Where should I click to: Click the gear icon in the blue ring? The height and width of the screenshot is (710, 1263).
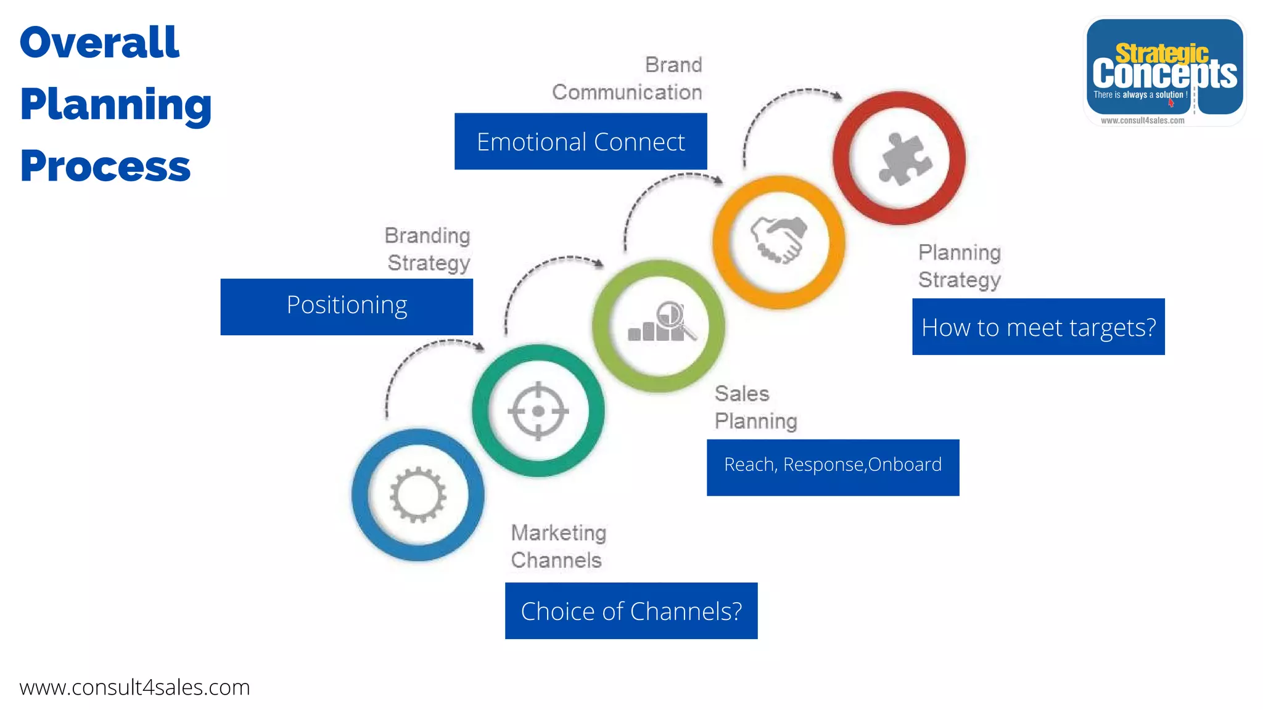418,495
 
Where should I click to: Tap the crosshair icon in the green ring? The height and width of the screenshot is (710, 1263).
538,411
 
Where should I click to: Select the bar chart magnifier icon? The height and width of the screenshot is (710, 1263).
661,322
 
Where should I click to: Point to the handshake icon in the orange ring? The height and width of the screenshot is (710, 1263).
778,240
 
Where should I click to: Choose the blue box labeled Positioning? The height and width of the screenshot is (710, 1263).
347,306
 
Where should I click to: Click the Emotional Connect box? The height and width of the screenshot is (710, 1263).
580,141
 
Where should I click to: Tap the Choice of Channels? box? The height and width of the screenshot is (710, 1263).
631,611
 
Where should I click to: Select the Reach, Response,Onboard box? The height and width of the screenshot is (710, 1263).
833,467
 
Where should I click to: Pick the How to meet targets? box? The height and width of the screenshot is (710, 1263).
1038,327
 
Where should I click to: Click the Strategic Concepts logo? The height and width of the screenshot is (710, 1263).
1164,71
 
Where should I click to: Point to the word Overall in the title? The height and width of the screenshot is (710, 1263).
99,43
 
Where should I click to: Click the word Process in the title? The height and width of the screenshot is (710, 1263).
105,166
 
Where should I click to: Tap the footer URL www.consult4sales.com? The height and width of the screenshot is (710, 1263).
134,687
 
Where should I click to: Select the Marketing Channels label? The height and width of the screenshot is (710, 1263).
558,546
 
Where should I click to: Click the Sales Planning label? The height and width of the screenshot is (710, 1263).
755,407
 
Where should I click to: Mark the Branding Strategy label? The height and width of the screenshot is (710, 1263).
427,249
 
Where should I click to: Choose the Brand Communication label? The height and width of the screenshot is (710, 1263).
627,78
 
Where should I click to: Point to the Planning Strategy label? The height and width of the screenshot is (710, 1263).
959,266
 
